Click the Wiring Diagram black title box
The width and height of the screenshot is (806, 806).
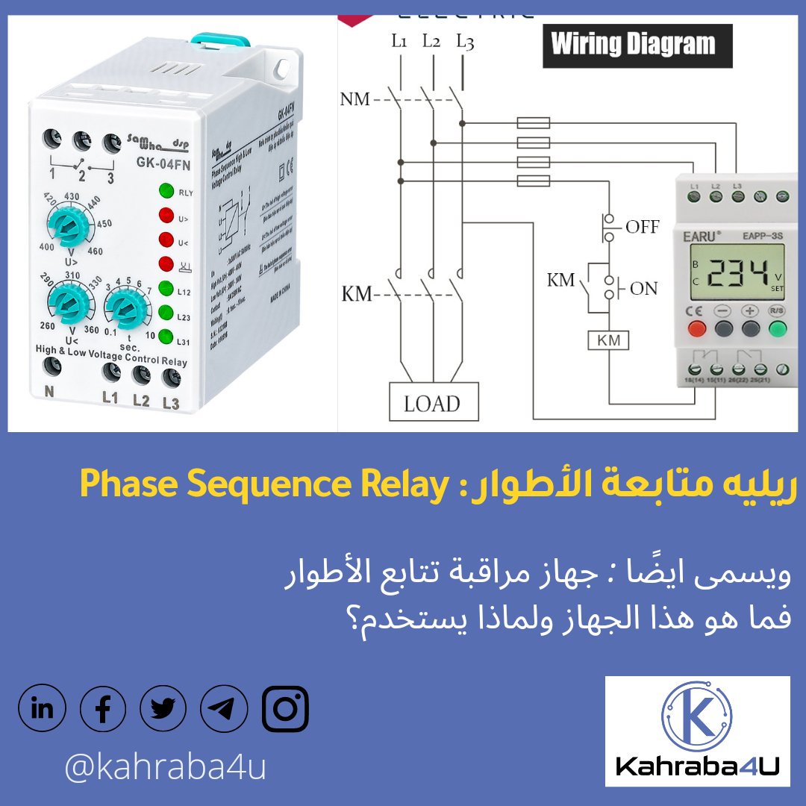[637, 46]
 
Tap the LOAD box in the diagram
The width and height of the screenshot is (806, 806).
[433, 403]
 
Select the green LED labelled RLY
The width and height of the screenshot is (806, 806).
[166, 190]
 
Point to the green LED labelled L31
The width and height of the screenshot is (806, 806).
[166, 337]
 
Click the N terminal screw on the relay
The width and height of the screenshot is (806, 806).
[51, 366]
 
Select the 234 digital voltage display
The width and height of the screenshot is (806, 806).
[740, 274]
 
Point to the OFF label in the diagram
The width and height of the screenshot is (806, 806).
[643, 226]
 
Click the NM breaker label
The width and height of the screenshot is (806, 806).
[355, 99]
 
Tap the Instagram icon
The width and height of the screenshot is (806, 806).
[285, 709]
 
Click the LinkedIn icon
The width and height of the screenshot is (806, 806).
[42, 709]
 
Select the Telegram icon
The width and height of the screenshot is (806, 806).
[224, 709]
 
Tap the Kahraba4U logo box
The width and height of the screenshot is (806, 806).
[697, 731]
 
